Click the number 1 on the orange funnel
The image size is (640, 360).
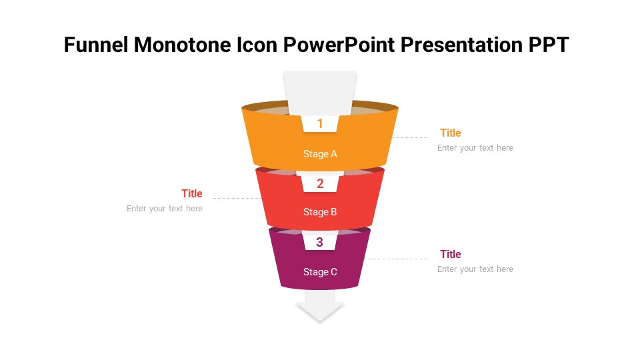[320, 123]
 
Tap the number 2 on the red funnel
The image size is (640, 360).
[320, 184]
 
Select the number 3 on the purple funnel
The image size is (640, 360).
[319, 242]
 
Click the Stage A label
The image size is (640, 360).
[320, 154]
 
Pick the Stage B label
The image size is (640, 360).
[320, 212]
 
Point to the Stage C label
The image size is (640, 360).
[320, 272]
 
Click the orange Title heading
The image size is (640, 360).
[451, 133]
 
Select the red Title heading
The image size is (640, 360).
[192, 193]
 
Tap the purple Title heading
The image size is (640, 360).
[451, 254]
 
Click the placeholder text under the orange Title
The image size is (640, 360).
[475, 148]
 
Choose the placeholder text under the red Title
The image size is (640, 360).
[165, 209]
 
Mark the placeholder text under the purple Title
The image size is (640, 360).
[475, 269]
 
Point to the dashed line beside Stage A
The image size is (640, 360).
[409, 137]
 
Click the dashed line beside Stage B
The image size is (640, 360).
[237, 199]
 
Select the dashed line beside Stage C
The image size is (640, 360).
[395, 259]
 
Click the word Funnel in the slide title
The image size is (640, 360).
[96, 45]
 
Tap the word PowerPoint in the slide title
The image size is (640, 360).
[339, 45]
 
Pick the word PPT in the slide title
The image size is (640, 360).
[549, 45]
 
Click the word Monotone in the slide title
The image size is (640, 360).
[183, 45]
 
